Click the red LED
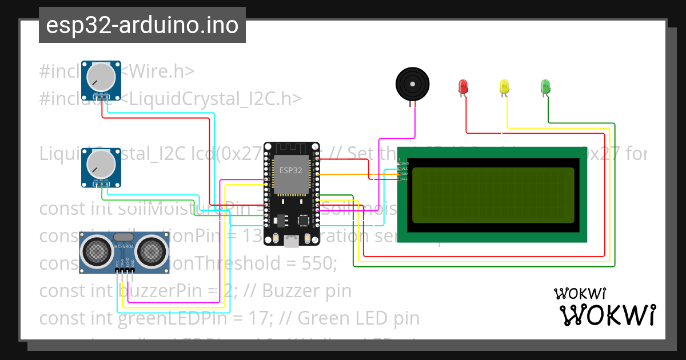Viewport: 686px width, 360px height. pyautogui.click(x=464, y=86)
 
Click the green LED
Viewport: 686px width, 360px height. pyautogui.click(x=545, y=86)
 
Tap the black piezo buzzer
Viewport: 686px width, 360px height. pyautogui.click(x=412, y=83)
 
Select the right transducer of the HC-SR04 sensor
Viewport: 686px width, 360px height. pyautogui.click(x=150, y=250)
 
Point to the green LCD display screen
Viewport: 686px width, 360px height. pyautogui.click(x=493, y=195)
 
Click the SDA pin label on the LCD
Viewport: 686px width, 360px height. pyautogui.click(x=405, y=174)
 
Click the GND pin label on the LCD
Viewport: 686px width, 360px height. pyautogui.click(x=405, y=163)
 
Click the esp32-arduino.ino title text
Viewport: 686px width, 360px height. pyautogui.click(x=142, y=26)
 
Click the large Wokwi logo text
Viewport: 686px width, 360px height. pyautogui.click(x=607, y=315)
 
